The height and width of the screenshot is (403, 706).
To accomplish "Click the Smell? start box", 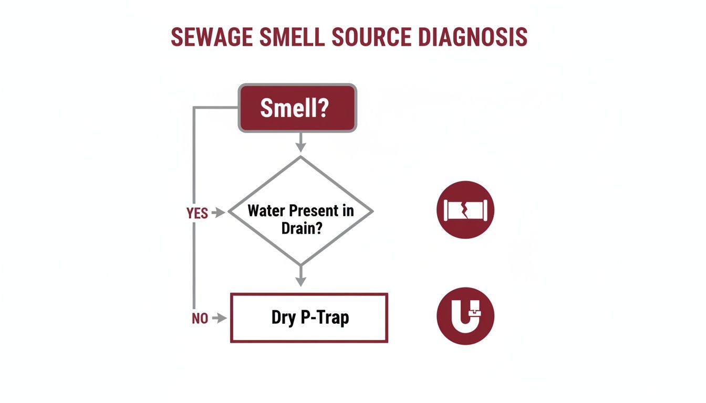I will tap(298, 108).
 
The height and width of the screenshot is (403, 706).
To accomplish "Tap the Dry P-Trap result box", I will tap(309, 318).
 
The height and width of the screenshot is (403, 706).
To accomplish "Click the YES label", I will tap(197, 213).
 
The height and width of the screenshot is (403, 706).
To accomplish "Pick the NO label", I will tap(200, 319).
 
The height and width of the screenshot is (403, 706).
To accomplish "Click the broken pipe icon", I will tap(465, 210).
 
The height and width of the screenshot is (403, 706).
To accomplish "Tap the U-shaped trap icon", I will tap(465, 316).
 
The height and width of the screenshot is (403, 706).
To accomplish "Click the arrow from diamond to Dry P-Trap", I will tap(300, 277).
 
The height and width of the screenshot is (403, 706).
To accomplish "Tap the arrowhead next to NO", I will tap(222, 318).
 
